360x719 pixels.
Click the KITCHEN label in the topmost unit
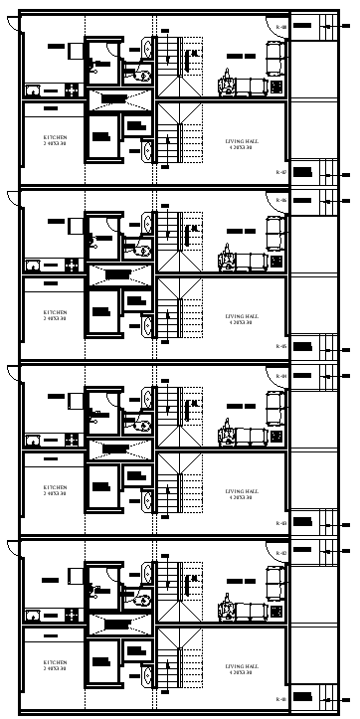(x=55, y=136)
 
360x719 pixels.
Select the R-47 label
(x=280, y=173)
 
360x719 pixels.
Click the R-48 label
(x=280, y=27)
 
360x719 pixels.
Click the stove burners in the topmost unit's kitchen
(x=72, y=90)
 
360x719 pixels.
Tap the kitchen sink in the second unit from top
(x=33, y=265)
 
